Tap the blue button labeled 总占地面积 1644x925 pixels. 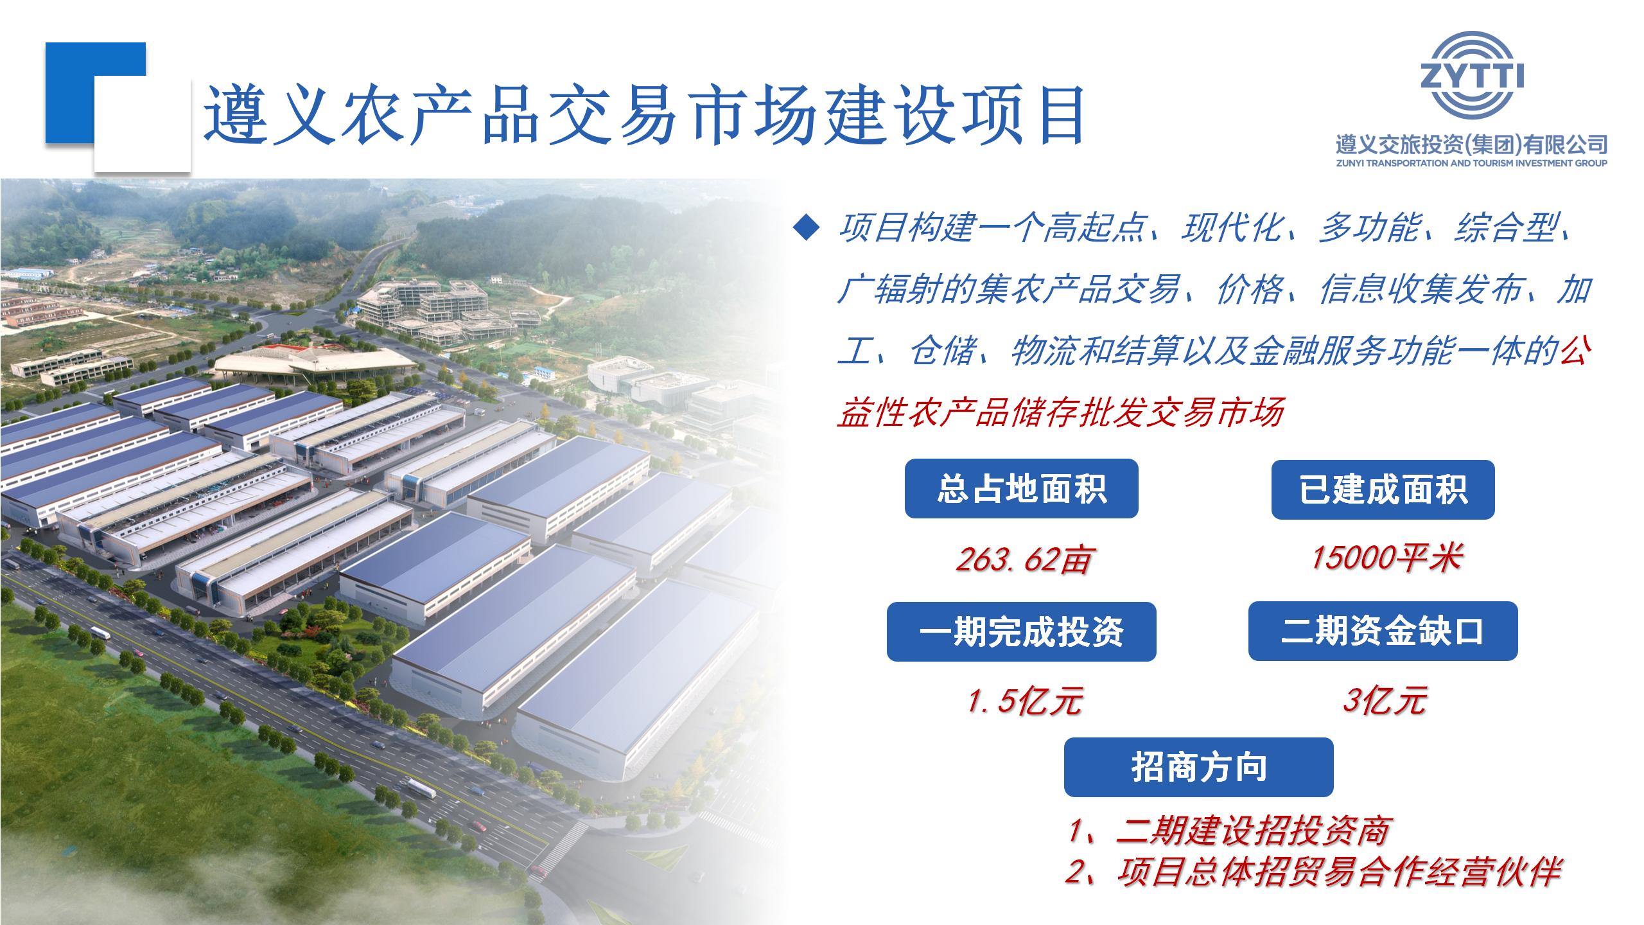click(x=1021, y=489)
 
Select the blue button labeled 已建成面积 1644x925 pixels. click(x=1383, y=489)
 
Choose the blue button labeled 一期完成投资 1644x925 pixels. click(x=1021, y=632)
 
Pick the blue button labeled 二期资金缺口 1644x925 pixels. click(x=1383, y=631)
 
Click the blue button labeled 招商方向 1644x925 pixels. click(x=1198, y=767)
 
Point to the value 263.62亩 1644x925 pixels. click(x=1023, y=559)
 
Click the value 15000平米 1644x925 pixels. click(x=1386, y=557)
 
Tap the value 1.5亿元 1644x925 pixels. click(x=1025, y=700)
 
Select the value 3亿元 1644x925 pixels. click(x=1385, y=700)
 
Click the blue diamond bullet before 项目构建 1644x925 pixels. click(x=807, y=228)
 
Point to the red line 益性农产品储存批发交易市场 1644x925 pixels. click(x=1061, y=412)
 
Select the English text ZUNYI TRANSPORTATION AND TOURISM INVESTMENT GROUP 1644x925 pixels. click(x=1471, y=163)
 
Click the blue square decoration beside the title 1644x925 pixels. click(x=96, y=92)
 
